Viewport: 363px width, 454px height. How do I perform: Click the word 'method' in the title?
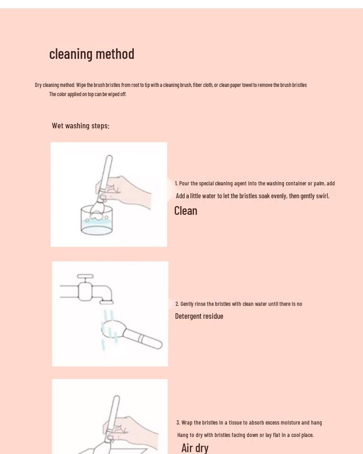click(115, 54)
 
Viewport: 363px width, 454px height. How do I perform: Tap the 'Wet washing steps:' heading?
click(81, 126)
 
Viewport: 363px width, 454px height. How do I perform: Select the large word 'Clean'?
click(186, 211)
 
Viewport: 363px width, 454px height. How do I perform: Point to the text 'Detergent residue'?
click(199, 316)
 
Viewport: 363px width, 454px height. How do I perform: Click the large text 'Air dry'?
click(195, 448)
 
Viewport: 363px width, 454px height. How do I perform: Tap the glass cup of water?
click(96, 221)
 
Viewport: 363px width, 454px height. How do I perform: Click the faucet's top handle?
click(85, 276)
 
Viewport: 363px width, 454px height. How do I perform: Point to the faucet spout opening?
click(107, 303)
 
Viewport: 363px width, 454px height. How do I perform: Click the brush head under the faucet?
click(112, 331)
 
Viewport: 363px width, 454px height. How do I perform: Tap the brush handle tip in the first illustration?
click(109, 157)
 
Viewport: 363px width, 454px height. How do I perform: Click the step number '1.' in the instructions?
click(176, 183)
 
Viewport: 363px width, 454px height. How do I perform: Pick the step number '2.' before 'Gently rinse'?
click(177, 304)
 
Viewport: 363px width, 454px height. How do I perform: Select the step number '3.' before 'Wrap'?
click(178, 422)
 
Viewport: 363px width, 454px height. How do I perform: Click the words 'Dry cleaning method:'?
click(55, 85)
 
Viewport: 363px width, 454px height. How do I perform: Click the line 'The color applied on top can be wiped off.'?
click(88, 94)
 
